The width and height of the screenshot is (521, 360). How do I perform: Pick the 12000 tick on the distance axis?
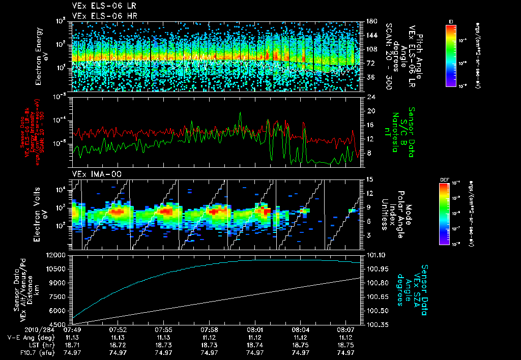(57, 255)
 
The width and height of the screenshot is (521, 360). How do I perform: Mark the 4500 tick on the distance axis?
(60, 324)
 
